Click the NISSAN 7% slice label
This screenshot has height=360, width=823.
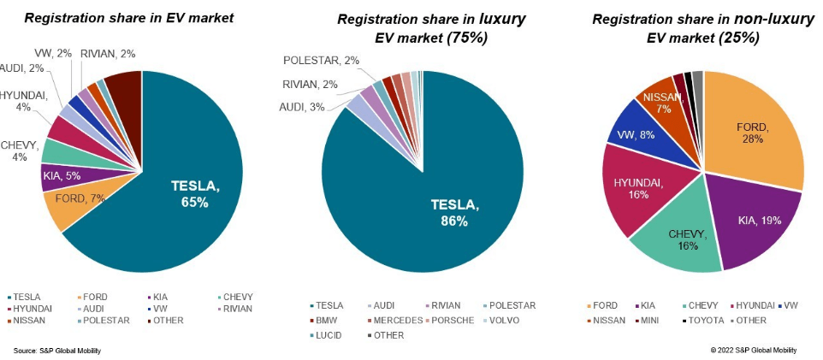point(663,103)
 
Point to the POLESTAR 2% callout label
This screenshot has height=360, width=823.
point(322,61)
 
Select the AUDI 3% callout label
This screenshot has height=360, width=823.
point(303,106)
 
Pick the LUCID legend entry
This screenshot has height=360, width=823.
point(328,335)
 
